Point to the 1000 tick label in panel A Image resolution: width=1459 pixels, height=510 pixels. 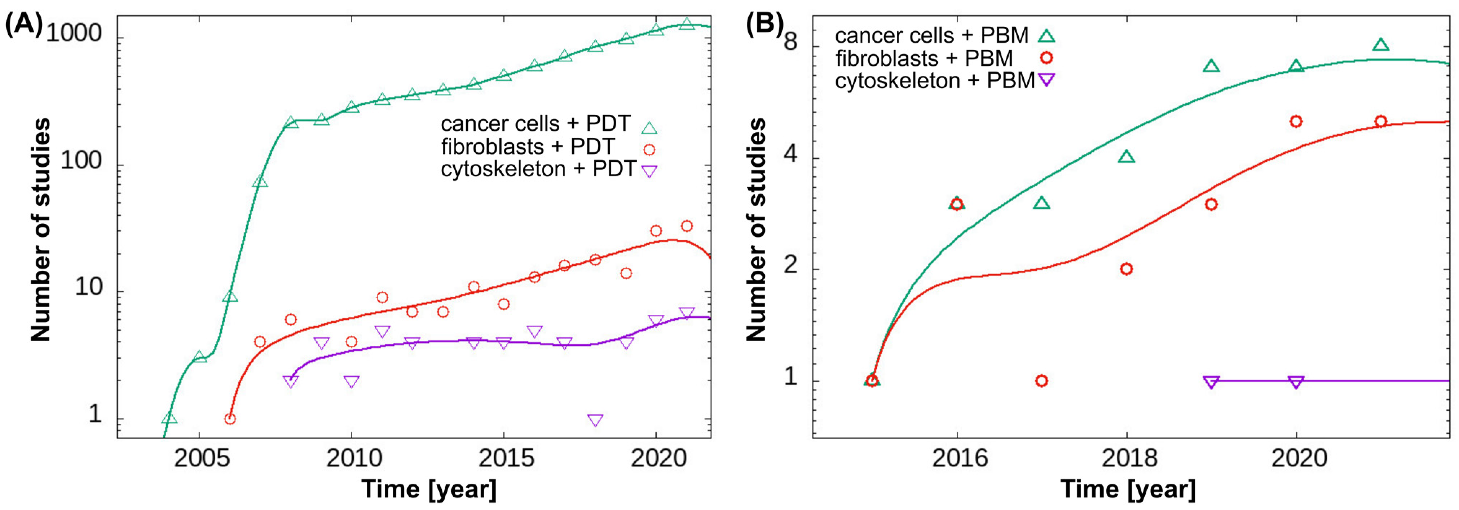point(74,34)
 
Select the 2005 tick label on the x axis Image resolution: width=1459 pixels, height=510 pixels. point(202,458)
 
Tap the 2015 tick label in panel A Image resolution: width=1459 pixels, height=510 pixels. point(506,458)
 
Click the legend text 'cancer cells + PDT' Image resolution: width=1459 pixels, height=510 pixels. point(535,123)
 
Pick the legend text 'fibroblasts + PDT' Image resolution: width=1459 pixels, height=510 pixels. point(527,147)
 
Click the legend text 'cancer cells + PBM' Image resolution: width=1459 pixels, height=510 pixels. point(932,36)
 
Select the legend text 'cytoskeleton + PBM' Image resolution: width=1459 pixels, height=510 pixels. point(935,80)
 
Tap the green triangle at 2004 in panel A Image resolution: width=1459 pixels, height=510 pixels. point(169,418)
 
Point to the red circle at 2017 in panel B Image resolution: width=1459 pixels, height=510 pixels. point(1041,381)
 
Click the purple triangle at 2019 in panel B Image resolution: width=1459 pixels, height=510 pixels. point(1211,382)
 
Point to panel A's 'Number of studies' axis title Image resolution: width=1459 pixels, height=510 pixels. point(41,230)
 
